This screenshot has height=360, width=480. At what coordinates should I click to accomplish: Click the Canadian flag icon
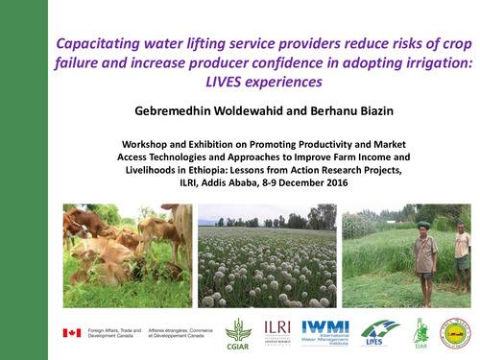click(x=70, y=333)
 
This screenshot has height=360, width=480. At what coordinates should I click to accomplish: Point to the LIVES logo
click(x=380, y=332)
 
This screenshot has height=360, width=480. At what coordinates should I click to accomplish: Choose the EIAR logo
click(x=420, y=332)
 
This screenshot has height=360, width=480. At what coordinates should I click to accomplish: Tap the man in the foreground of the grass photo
click(x=425, y=254)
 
